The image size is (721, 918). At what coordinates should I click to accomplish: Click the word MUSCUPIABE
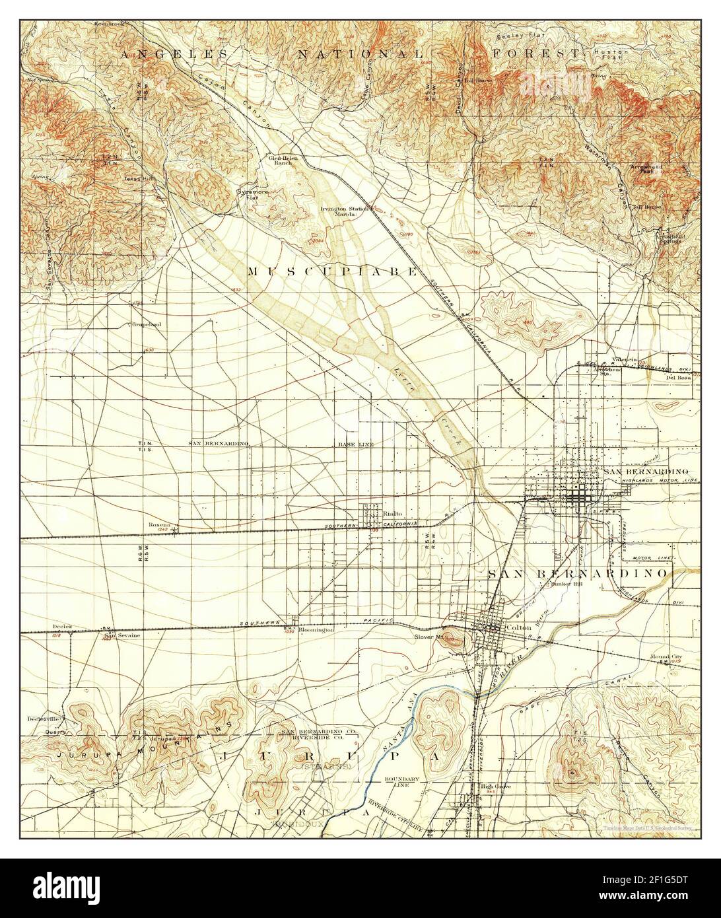pos(333,271)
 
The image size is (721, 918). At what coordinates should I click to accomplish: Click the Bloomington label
pos(317,631)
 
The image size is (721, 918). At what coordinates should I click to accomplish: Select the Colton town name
pos(517,627)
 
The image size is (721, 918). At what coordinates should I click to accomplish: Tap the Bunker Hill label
pos(565,592)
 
